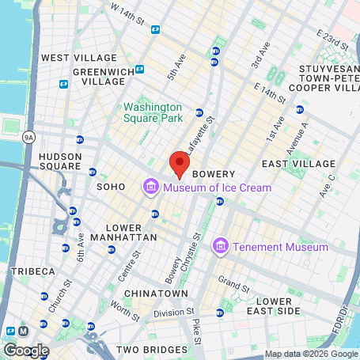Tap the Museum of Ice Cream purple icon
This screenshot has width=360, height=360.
150,188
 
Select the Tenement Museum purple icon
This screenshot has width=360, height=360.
221,248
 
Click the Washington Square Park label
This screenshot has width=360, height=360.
152,112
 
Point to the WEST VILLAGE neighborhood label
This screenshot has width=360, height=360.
79,58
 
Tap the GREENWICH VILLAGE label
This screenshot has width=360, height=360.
100,75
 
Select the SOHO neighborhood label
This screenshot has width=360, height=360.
111,187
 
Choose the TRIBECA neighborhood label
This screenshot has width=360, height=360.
32,271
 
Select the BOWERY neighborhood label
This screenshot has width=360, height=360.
214,173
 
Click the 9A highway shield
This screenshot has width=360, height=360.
29,137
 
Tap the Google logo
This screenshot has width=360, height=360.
26,350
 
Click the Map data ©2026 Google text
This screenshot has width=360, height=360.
309,354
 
